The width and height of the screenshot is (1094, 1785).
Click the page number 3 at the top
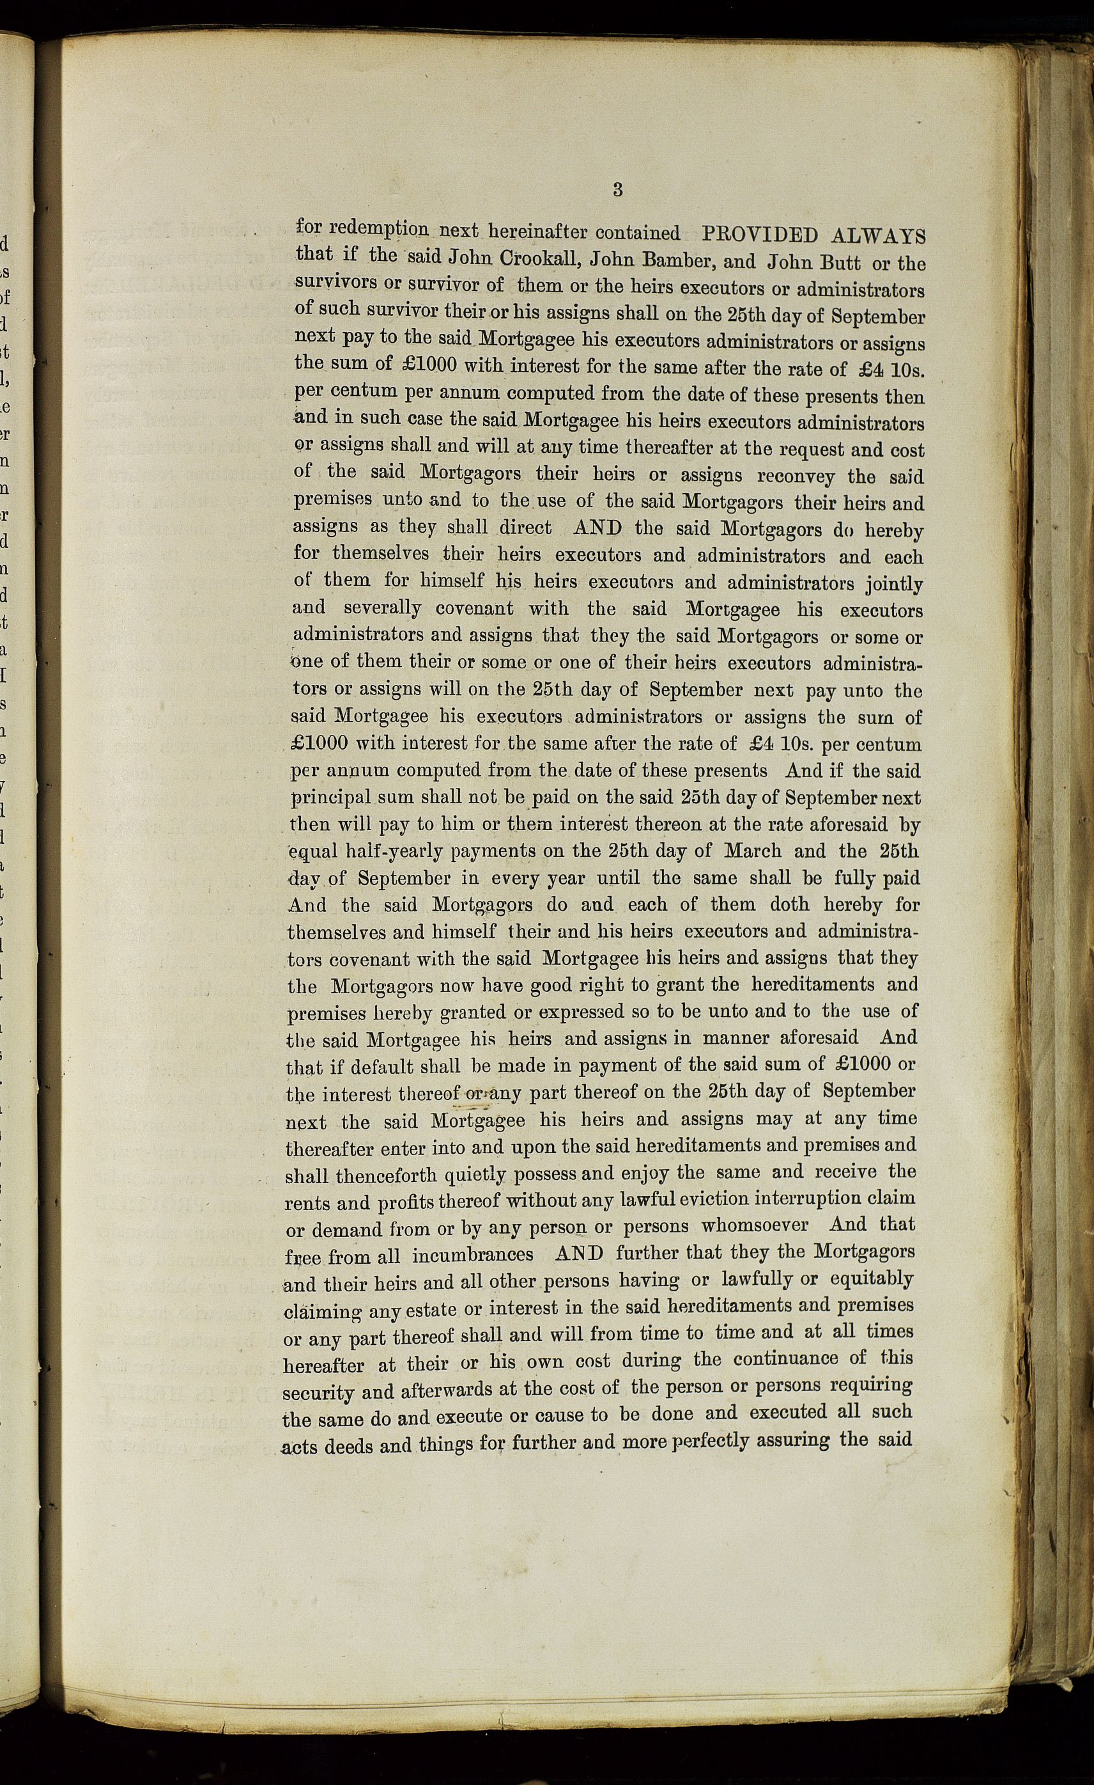[x=617, y=190]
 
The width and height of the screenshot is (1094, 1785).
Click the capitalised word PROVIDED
[x=760, y=235]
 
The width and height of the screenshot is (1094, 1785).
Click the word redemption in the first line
[x=379, y=229]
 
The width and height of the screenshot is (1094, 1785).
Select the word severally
[x=382, y=607]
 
